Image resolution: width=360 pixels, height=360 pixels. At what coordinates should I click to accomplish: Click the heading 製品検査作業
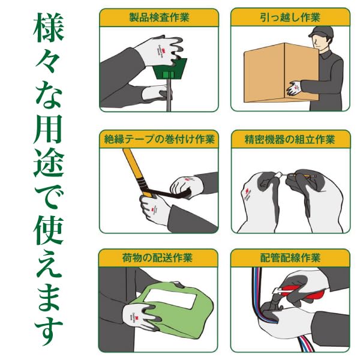tap(159, 17)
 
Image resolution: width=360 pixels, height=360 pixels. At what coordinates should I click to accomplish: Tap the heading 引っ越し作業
tap(290, 17)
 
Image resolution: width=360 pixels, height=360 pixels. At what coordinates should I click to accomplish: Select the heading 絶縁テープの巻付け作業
tap(159, 139)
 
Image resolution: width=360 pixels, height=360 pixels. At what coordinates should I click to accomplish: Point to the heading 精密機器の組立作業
tap(290, 139)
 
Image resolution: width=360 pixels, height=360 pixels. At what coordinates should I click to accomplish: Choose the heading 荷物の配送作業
tap(157, 257)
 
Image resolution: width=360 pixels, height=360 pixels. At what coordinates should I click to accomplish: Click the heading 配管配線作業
tap(290, 257)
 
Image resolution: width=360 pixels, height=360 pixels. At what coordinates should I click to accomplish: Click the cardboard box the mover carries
tap(281, 73)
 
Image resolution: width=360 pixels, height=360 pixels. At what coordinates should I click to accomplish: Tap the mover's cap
tap(320, 32)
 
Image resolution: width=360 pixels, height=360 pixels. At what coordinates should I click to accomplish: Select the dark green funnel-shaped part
tap(170, 70)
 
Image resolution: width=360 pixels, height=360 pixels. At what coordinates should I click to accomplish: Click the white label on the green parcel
tap(172, 298)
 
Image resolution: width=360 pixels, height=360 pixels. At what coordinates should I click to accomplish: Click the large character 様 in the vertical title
tap(49, 28)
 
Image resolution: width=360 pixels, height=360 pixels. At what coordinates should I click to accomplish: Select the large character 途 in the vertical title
tap(49, 163)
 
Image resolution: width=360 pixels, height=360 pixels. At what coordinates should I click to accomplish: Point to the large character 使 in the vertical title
tap(49, 230)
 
